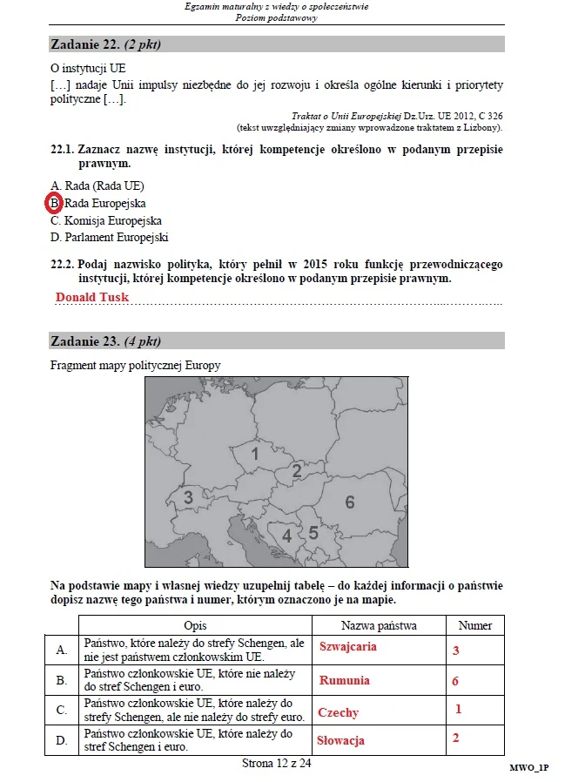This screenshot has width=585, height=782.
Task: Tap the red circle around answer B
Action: [x=54, y=203]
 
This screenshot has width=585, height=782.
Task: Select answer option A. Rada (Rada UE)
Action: [x=97, y=185]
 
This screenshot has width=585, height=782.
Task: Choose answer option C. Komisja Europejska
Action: [x=106, y=220]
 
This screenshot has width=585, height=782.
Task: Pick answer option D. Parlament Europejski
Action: [x=110, y=237]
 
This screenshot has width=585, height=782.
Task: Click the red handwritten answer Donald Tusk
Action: [x=91, y=297]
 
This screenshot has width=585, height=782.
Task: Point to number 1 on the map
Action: [x=255, y=454]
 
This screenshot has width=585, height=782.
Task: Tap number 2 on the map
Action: [x=297, y=471]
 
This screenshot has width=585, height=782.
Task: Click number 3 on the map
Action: [x=188, y=498]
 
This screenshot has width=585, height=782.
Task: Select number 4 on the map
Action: [x=286, y=536]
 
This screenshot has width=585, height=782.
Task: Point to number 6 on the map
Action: [x=350, y=502]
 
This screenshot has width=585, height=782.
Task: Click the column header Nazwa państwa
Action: [x=379, y=625]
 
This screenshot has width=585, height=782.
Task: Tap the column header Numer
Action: [x=474, y=625]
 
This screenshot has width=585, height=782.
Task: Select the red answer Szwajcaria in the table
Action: [x=348, y=647]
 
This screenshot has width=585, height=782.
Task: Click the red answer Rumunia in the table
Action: [x=345, y=680]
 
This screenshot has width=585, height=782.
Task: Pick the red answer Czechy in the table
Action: [x=339, y=712]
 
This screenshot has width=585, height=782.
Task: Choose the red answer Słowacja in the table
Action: [x=341, y=740]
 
